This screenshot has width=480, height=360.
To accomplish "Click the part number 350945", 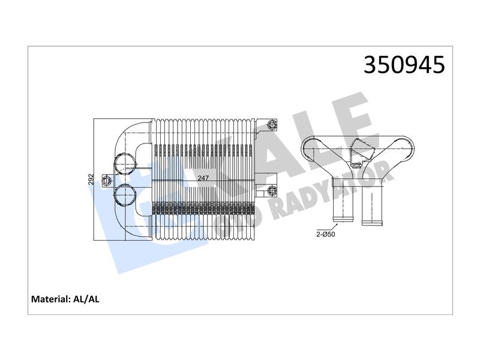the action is [404, 65].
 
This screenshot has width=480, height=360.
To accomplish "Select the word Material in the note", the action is [51, 299].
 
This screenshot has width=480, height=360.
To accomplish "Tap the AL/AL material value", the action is [86, 299].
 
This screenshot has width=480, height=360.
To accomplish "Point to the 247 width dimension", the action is [203, 178].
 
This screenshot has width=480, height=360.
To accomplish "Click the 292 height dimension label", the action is [91, 179].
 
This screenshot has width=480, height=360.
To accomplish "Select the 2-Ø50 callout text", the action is [325, 235].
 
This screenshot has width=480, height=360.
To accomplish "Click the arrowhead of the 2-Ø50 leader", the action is [337, 224].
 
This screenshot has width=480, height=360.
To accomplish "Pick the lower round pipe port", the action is [125, 195].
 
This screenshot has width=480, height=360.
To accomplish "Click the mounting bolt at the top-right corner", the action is [272, 124].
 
